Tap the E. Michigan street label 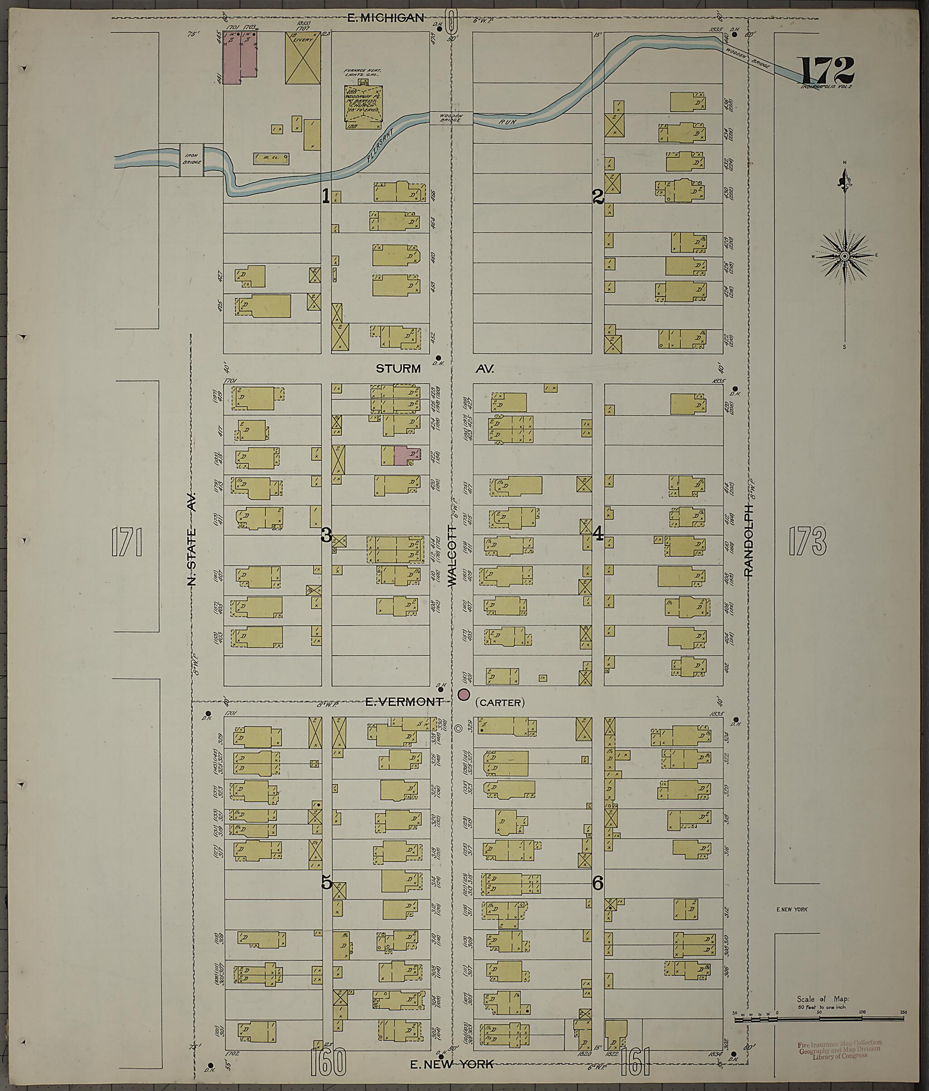[386, 18]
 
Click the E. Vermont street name [404, 702]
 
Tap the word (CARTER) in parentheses [500, 703]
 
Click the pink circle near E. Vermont [464, 695]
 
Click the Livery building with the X [303, 58]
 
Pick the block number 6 [597, 883]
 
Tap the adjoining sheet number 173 [807, 541]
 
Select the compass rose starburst [844, 256]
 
